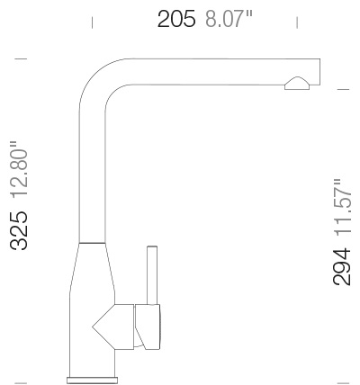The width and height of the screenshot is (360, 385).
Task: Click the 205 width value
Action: click(176, 19)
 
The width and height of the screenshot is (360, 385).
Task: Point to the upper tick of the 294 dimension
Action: click(342, 89)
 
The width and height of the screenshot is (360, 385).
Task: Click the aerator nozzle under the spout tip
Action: click(298, 85)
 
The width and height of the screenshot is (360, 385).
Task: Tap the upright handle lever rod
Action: click(149, 274)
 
